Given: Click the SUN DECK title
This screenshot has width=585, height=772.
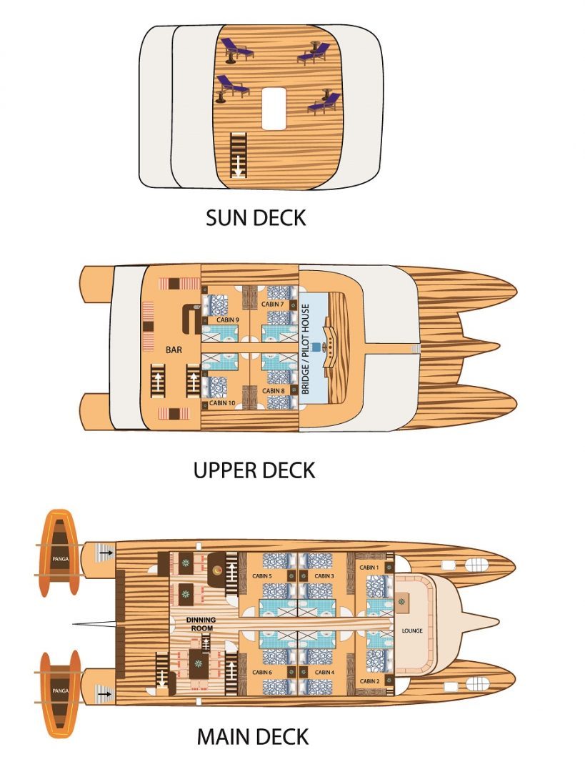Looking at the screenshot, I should (255, 217).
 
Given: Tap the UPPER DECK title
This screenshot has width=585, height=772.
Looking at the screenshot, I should (254, 470).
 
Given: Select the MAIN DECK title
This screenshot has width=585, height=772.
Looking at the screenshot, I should (252, 736).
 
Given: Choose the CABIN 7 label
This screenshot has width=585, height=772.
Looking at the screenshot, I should (271, 305).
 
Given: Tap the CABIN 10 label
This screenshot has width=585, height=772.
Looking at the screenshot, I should (222, 403).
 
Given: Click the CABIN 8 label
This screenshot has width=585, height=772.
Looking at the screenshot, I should (271, 391).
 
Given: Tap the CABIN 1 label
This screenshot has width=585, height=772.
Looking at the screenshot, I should (369, 567).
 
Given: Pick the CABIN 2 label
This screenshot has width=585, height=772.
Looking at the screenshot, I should (369, 681).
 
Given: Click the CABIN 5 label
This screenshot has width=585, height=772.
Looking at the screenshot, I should (261, 575).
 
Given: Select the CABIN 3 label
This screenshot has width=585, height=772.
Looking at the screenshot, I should (323, 575).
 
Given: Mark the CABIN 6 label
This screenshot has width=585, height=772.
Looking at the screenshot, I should (261, 673).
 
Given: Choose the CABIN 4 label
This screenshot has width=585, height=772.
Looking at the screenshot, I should (324, 673).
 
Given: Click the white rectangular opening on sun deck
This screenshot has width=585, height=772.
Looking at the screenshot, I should (272, 109).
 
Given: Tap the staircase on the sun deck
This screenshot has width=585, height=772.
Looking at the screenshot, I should (236, 155).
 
